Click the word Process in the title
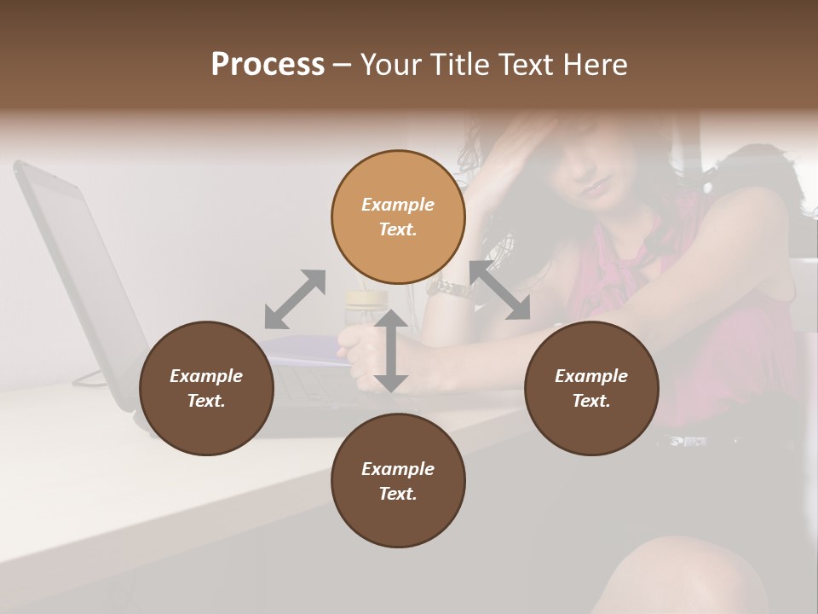pos(268,65)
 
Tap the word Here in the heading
pos(595,65)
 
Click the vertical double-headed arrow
pos(391,351)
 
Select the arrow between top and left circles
pos(295,298)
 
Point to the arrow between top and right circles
pos(500,291)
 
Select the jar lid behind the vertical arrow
pos(366,298)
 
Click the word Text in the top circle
pos(397,229)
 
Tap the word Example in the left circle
pos(206,376)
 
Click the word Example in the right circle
pos(591,376)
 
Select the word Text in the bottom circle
pos(397,494)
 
